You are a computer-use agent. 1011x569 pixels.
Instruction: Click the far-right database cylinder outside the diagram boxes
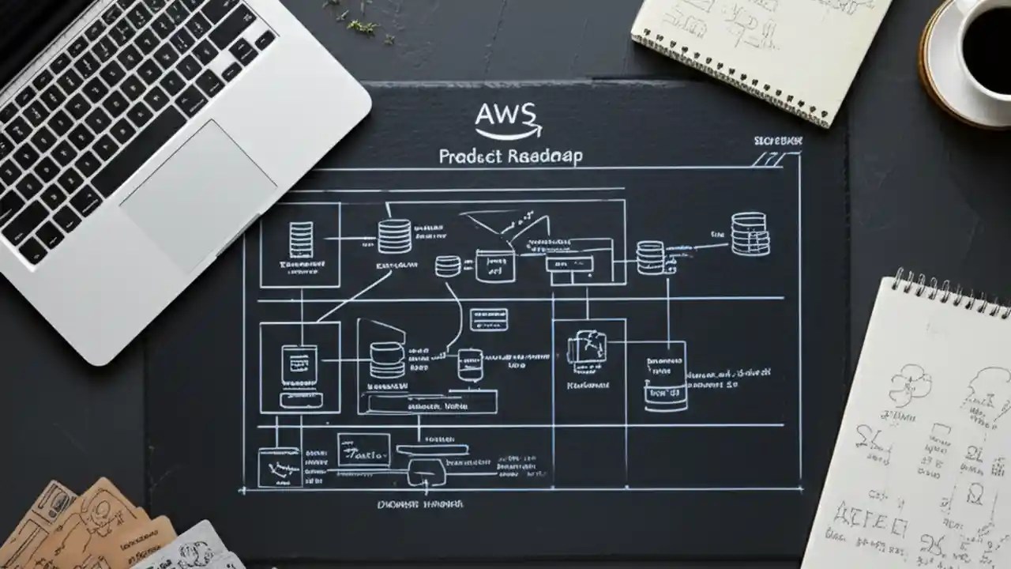click(748, 233)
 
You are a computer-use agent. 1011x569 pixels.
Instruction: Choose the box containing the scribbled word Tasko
click(363, 450)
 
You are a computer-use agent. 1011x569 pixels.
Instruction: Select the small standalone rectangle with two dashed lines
click(489, 319)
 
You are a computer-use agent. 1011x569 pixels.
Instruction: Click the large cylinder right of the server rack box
click(394, 236)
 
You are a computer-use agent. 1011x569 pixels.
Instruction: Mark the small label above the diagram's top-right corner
click(777, 140)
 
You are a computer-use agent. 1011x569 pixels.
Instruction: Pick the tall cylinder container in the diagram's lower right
click(665, 376)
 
